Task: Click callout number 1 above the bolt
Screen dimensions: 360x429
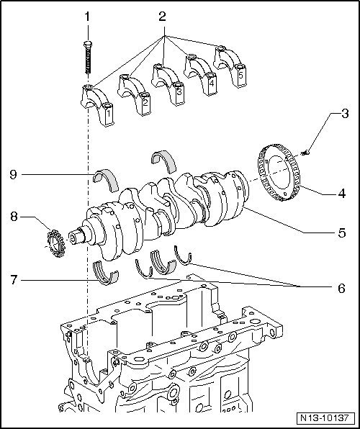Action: click(x=87, y=17)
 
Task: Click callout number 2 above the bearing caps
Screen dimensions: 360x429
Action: click(x=162, y=17)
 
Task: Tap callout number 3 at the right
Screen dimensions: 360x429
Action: click(x=344, y=113)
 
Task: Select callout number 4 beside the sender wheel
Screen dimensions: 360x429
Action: click(x=342, y=194)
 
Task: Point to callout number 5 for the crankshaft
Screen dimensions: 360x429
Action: click(x=342, y=232)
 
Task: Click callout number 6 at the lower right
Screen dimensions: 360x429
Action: click(x=341, y=288)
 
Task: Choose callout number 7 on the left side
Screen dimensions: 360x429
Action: click(x=14, y=280)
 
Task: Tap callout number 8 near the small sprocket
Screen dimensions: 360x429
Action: click(x=14, y=217)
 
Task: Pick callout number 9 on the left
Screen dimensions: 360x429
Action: click(x=14, y=174)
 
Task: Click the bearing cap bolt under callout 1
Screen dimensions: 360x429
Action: click(x=88, y=57)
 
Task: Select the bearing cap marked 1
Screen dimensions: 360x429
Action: click(x=97, y=105)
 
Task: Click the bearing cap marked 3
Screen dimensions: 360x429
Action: click(x=168, y=84)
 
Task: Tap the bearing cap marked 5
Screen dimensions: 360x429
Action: click(x=230, y=67)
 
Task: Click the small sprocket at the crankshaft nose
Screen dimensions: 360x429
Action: click(x=56, y=243)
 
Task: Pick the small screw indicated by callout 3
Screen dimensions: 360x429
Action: click(x=305, y=152)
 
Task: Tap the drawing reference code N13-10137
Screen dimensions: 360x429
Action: click(x=325, y=418)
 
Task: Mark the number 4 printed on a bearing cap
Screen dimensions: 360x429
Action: click(x=212, y=83)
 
